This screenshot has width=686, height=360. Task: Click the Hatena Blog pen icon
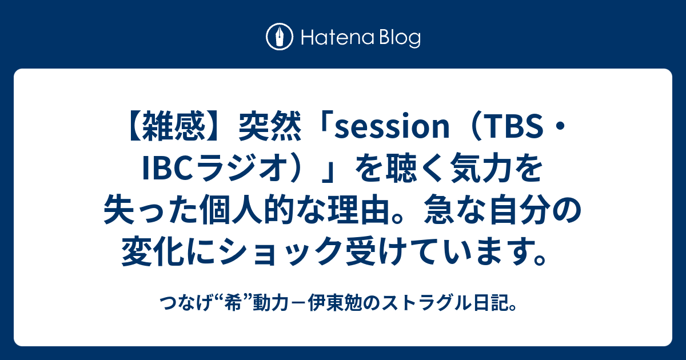280,38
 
